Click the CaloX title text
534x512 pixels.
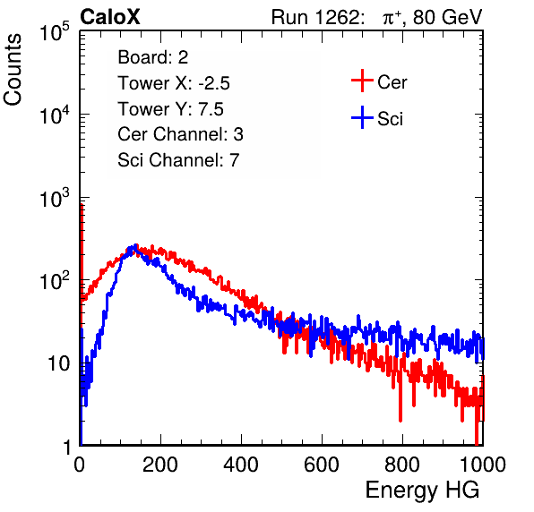point(110,17)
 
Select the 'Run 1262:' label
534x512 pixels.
point(315,17)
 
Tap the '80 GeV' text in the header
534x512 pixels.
point(447,17)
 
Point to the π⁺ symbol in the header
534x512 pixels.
point(392,17)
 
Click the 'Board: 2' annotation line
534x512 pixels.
point(153,57)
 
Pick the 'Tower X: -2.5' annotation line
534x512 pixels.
point(174,83)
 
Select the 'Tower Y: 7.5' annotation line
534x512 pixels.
point(170,109)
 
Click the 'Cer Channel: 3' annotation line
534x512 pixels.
point(180,134)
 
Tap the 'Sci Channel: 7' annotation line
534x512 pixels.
point(178,160)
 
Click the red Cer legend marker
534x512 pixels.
point(362,81)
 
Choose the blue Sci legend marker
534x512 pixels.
point(362,117)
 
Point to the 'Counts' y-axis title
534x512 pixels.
point(13,70)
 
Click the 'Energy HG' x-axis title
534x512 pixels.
point(422,491)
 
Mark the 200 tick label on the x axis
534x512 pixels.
point(160,465)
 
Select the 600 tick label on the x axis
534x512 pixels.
point(322,465)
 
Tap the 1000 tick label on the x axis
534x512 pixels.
point(483,465)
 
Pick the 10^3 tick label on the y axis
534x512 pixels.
point(55,198)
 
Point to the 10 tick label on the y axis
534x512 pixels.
point(59,363)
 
